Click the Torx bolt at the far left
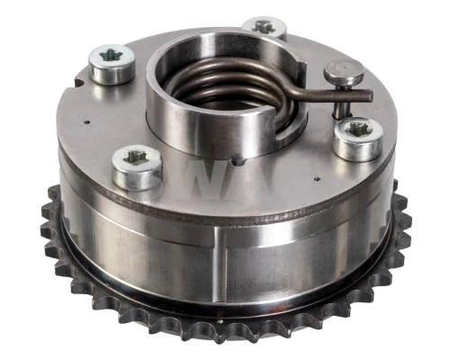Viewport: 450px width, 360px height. click(112, 63)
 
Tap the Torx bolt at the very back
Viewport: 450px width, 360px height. click(264, 28)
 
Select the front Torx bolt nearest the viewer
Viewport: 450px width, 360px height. click(137, 166)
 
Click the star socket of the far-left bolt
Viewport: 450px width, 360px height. click(112, 56)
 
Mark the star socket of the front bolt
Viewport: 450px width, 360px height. click(137, 158)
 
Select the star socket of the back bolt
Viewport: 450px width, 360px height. click(264, 26)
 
